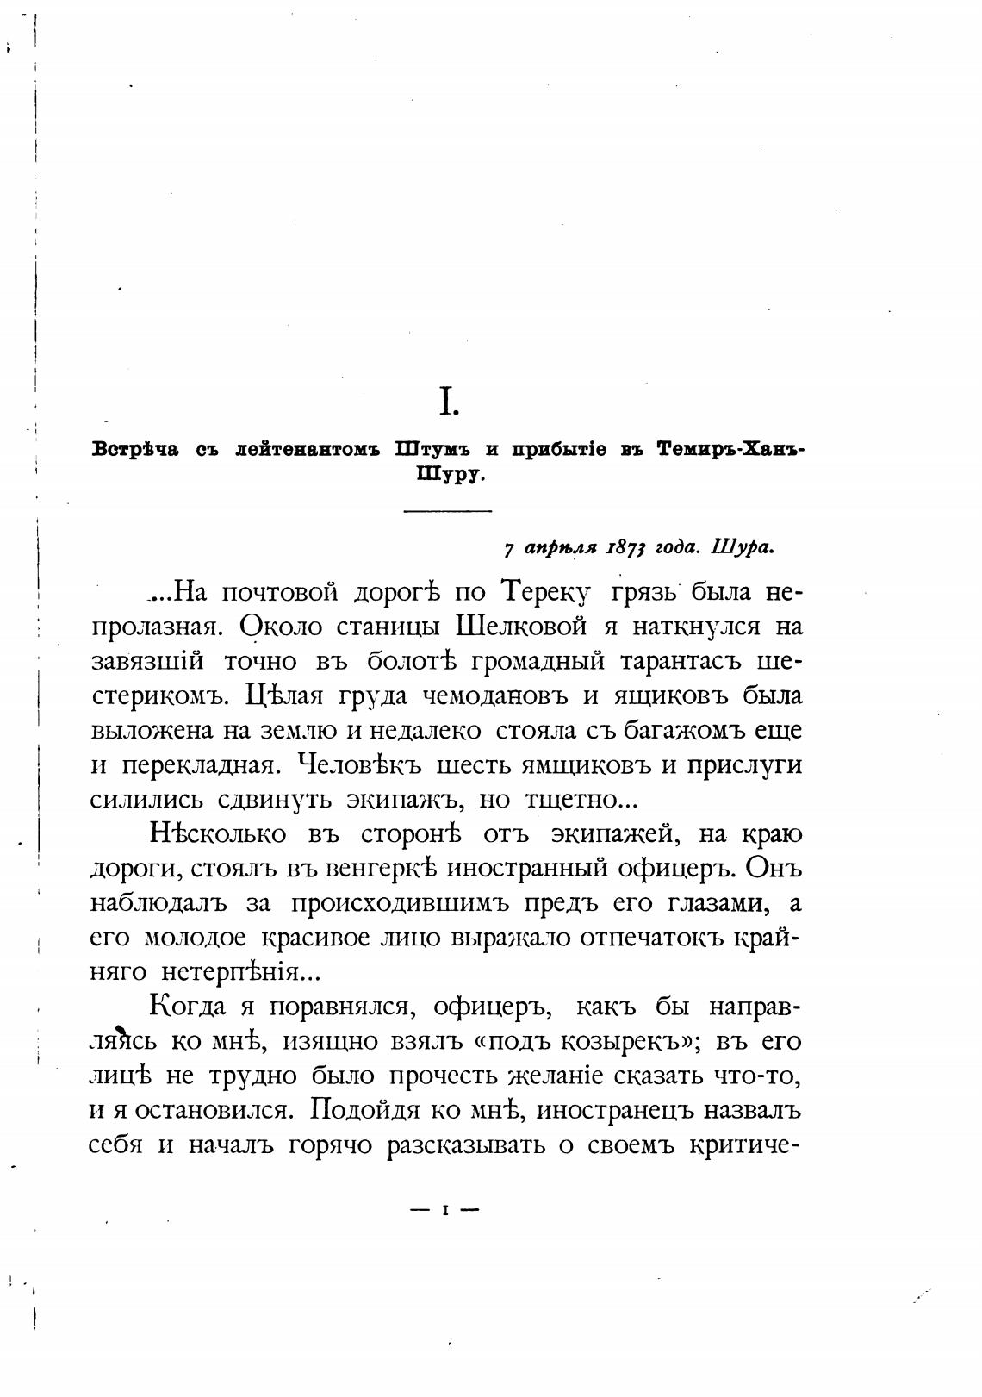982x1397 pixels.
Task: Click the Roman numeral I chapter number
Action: [x=448, y=402]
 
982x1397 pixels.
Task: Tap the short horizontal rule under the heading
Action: [x=447, y=512]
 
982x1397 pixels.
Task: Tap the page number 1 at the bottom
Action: [x=445, y=1210]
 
